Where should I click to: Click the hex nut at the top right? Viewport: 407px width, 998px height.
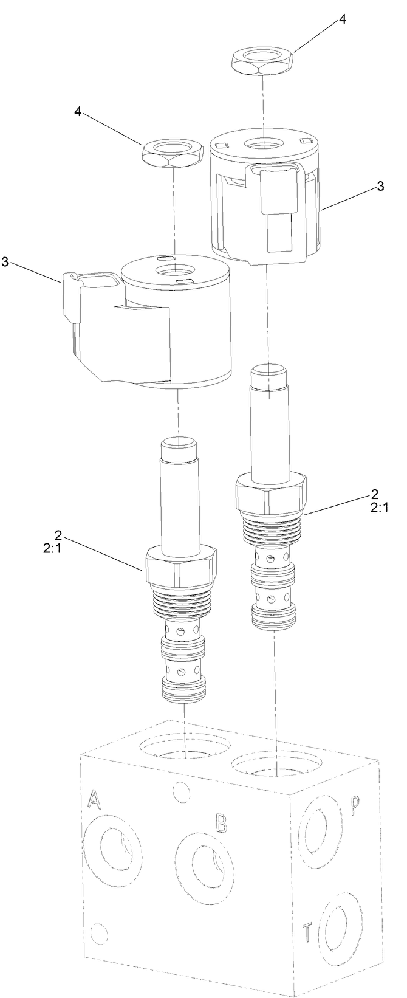(x=263, y=63)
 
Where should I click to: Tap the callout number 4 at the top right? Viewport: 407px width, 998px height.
(x=343, y=19)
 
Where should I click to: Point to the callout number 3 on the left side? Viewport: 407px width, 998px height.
(x=5, y=262)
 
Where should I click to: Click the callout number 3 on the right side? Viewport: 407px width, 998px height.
(x=380, y=187)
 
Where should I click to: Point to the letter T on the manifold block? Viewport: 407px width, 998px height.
(x=309, y=947)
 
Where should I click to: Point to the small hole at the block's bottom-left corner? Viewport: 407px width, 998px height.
(x=98, y=949)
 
